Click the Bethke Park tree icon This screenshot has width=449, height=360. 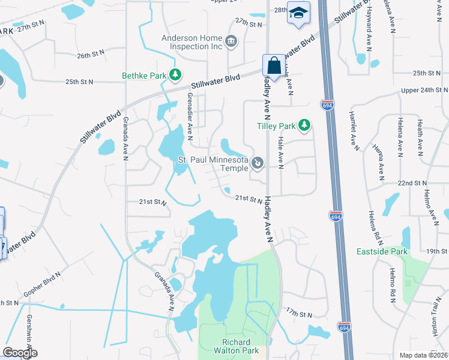point(175,76)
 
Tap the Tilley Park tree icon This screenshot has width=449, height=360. point(305,125)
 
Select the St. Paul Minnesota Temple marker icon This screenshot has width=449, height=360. point(257,162)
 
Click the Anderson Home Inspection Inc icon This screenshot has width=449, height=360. point(231,41)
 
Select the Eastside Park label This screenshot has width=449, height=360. point(382,251)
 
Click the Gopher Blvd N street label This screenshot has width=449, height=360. point(43,283)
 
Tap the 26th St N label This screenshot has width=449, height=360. point(91,55)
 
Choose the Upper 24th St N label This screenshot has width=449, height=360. point(424,90)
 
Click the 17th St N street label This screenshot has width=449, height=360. point(300,314)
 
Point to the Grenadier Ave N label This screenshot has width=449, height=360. point(189,113)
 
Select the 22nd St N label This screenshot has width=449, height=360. point(411,182)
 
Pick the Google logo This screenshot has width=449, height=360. point(20,353)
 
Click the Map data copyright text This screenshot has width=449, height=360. point(424,355)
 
